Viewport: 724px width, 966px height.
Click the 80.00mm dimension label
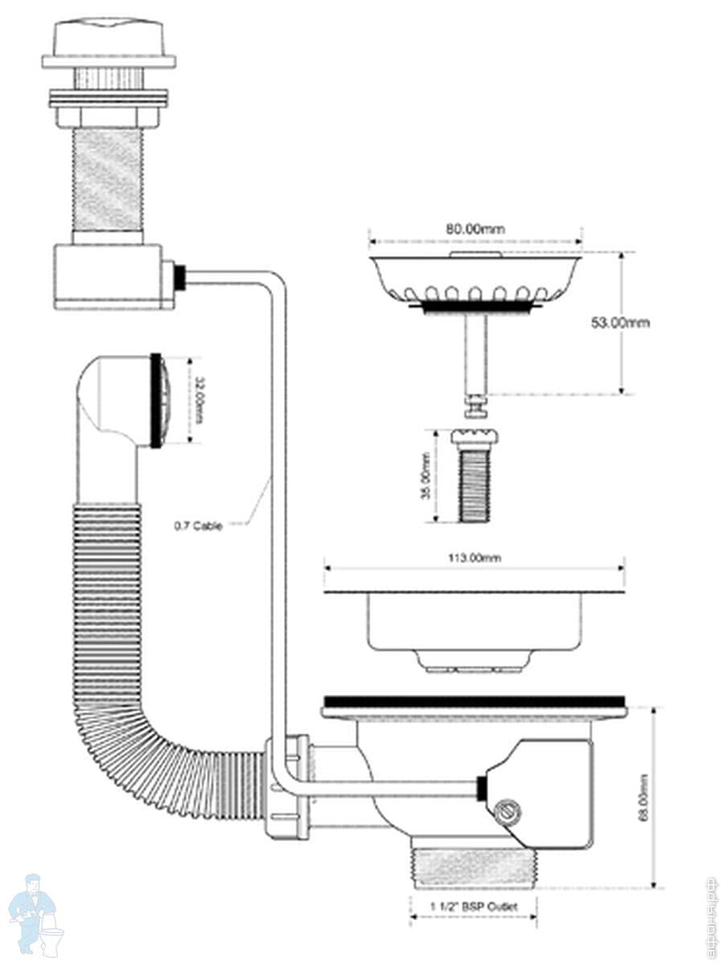coord(475,229)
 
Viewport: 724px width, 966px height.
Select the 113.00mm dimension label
coord(475,558)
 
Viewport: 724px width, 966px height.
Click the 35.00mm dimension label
coord(425,476)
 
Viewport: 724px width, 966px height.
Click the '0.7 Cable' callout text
coord(198,526)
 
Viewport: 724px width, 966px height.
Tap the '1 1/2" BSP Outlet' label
coord(473,906)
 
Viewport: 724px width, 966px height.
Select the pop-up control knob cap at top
coord(109,37)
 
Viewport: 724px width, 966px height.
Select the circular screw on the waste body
coord(505,811)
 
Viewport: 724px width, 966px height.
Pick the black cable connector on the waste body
coord(482,788)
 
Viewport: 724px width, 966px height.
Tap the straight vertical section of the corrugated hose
coord(108,596)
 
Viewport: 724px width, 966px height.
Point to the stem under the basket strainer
coord(475,354)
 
